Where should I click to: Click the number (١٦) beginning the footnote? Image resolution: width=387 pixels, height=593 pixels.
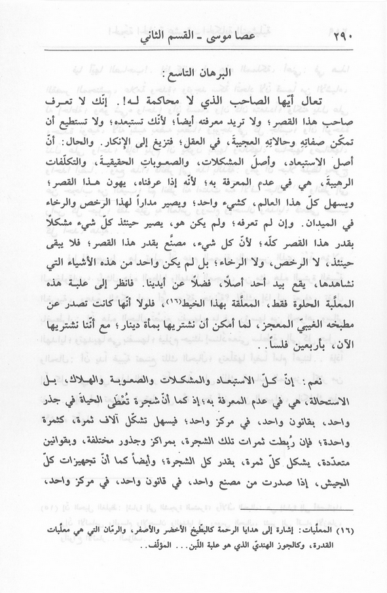tap(344, 528)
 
